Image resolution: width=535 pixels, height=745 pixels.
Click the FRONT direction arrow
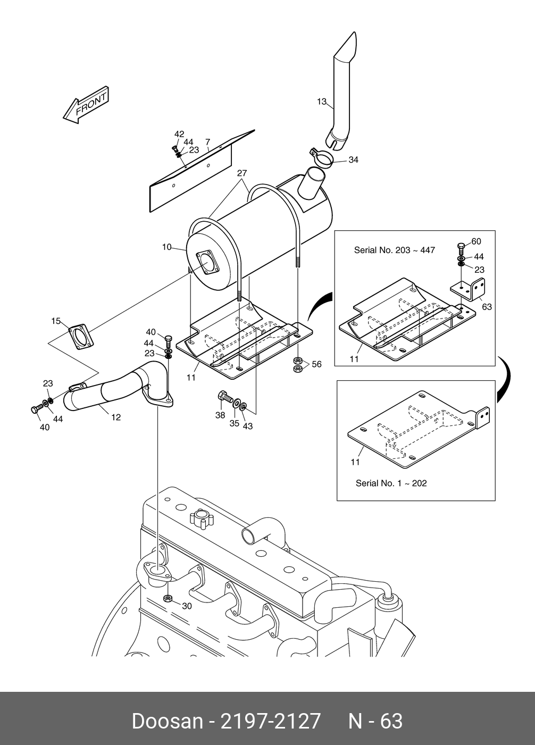coord(86,105)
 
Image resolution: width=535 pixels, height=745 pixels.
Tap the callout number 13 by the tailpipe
coord(321,102)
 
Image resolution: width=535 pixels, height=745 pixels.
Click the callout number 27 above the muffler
coord(242,173)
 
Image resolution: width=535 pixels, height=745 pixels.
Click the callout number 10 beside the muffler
coord(166,247)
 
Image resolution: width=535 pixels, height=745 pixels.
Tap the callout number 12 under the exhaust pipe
coord(116,417)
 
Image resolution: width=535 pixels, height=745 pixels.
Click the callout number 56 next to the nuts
coord(317,364)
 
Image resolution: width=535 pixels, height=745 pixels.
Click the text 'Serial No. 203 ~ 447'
coord(394,250)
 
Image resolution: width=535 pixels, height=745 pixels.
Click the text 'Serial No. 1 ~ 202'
coord(391,483)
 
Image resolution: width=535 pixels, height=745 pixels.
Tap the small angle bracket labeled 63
coord(468,289)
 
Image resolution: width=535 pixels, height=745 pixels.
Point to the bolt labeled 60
coord(461,249)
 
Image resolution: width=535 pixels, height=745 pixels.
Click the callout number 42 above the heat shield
coord(179,134)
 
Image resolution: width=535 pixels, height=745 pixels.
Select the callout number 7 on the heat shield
coord(207,142)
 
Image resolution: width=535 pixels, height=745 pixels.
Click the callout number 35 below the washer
coord(234,423)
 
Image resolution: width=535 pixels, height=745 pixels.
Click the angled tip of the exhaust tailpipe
coord(355,32)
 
